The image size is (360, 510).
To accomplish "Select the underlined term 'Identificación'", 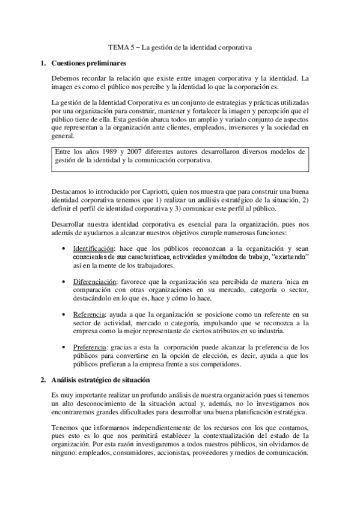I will (93, 248).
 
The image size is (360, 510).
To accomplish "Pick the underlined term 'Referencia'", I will (88, 314).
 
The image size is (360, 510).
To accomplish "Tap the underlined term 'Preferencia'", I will (90, 347).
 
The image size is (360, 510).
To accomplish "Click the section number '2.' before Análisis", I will (43, 380).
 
